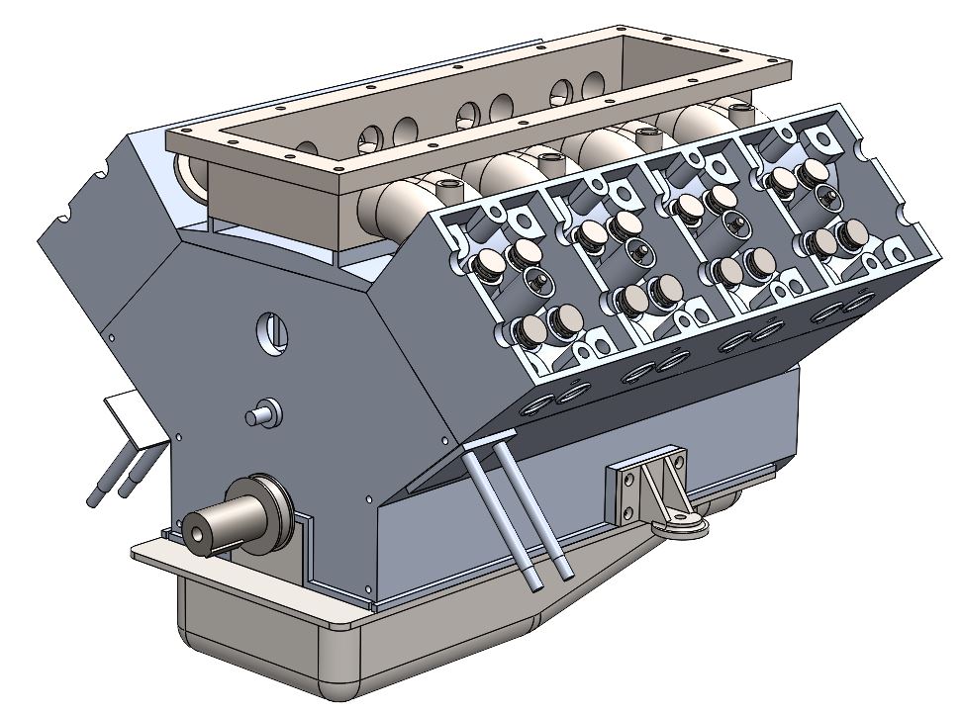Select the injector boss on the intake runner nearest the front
click(x=443, y=184)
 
